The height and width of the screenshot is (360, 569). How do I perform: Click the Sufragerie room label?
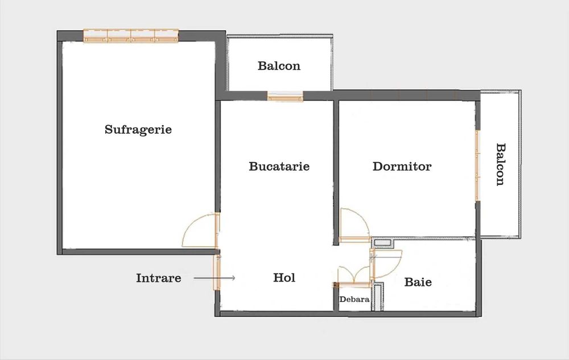tap(138, 130)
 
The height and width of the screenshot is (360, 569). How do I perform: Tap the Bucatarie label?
tap(279, 167)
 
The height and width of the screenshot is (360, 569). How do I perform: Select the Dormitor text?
tap(402, 167)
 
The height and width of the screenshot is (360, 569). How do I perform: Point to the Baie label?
tap(418, 282)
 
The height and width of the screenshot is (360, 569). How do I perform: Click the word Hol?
tap(284, 278)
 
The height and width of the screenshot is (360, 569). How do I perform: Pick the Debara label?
tap(354, 300)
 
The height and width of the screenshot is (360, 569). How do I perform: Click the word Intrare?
tap(159, 278)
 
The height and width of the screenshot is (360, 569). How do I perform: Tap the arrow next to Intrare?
tap(214, 278)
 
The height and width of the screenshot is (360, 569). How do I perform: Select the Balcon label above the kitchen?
tap(279, 66)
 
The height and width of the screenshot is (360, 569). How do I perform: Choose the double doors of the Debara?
tap(354, 275)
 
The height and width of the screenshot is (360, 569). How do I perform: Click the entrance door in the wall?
tap(217, 272)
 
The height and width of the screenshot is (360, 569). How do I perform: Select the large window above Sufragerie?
tap(131, 36)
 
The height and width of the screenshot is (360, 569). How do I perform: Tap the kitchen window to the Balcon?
tap(285, 97)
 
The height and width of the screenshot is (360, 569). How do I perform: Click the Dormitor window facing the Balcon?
tap(477, 165)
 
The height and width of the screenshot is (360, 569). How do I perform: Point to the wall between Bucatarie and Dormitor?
tap(336, 172)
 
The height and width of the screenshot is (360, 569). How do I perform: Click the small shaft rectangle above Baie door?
tap(383, 243)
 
